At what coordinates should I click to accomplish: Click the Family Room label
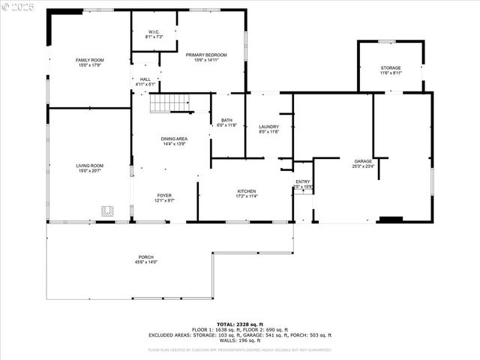point(89,60)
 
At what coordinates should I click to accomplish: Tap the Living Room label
point(89,166)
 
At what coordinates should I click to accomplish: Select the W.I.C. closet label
point(154,32)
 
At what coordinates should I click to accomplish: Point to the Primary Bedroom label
point(206,55)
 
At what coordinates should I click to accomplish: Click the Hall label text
point(145,79)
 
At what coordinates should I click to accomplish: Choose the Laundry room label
point(268,127)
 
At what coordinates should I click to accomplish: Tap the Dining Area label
point(174,139)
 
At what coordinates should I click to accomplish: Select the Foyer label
point(164,196)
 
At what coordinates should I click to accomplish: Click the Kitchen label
point(247,191)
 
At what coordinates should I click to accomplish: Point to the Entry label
point(303,181)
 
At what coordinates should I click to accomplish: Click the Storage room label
point(391,68)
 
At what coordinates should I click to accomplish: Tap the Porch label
point(145,257)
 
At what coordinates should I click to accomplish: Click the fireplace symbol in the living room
point(108,212)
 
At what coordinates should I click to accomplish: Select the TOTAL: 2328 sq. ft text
point(239,323)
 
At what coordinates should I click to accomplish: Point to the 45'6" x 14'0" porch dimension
point(145,262)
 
